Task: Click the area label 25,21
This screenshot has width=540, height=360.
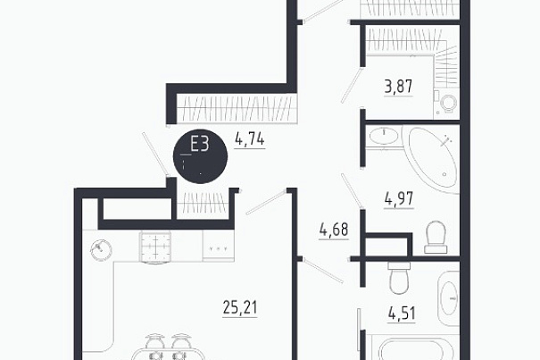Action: [x=240, y=307]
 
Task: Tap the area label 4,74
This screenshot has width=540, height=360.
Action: [x=250, y=139]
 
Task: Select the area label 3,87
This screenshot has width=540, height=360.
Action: [x=398, y=87]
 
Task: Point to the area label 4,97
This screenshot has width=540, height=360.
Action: [x=399, y=199]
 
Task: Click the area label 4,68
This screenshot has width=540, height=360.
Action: [x=334, y=230]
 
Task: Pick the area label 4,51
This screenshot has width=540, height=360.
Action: [x=402, y=314]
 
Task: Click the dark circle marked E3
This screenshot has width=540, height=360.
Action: [x=200, y=156]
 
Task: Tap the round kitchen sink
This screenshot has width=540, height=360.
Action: [x=101, y=250]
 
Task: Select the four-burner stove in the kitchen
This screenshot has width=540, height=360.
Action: [x=155, y=247]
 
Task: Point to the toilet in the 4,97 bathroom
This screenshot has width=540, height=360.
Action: [x=436, y=238]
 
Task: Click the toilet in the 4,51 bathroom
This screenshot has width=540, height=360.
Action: [x=399, y=278]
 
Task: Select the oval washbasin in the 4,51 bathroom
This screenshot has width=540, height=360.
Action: [x=449, y=298]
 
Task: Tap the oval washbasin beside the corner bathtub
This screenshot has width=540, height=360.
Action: [x=383, y=136]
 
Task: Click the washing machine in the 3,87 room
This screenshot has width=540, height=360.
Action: [x=446, y=103]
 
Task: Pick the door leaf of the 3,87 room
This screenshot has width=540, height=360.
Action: [x=352, y=85]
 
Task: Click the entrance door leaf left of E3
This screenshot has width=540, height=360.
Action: [x=154, y=154]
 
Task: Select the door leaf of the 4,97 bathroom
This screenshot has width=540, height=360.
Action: [x=352, y=191]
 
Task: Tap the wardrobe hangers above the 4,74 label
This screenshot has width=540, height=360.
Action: [x=237, y=108]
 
